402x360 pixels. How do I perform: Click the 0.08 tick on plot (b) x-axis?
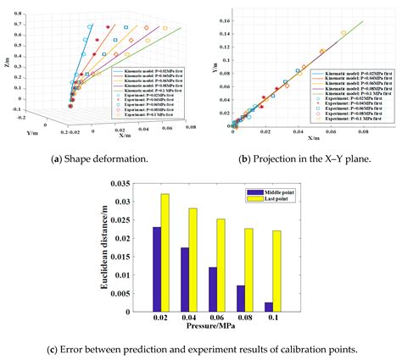[364, 131]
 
